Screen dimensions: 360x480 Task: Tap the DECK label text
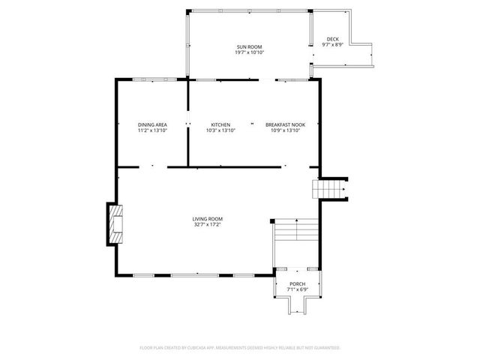[332, 39]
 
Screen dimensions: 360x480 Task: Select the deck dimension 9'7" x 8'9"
[332, 45]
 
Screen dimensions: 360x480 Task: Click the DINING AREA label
[152, 124]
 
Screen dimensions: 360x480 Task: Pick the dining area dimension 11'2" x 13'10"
[152, 130]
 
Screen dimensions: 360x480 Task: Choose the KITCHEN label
[220, 124]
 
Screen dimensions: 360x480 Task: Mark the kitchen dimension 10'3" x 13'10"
[220, 130]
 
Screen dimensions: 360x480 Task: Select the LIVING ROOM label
[206, 218]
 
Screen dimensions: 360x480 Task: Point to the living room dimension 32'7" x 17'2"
[206, 224]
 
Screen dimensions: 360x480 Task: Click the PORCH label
[298, 283]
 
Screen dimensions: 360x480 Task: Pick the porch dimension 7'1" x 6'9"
[298, 289]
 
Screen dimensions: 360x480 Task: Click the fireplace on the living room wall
[113, 223]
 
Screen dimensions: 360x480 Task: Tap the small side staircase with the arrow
[331, 189]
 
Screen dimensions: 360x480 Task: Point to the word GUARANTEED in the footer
[324, 348]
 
